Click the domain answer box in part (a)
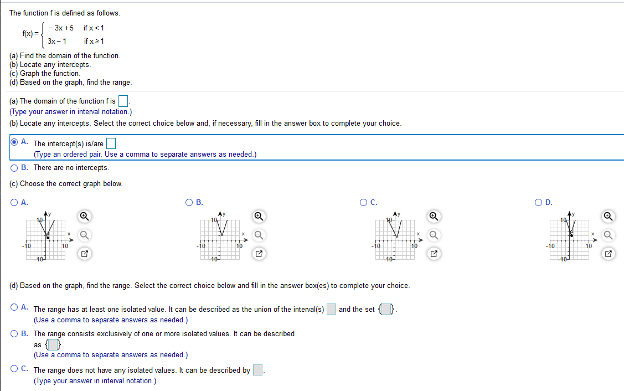click(x=123, y=101)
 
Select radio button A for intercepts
click(x=14, y=141)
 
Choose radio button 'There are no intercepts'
click(x=14, y=167)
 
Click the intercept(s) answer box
click(x=111, y=144)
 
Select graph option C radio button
click(x=364, y=202)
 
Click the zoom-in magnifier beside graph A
click(x=84, y=215)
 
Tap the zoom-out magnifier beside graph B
click(x=258, y=235)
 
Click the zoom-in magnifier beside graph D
click(x=608, y=215)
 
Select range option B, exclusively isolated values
click(x=14, y=333)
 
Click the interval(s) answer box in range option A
click(x=331, y=309)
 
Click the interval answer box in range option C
click(x=257, y=371)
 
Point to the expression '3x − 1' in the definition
click(x=57, y=41)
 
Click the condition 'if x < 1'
click(x=94, y=28)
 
